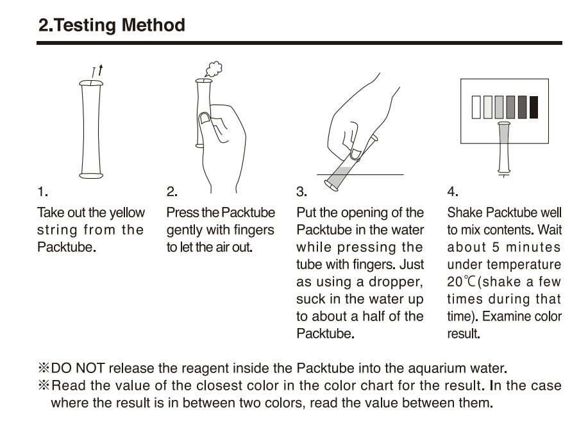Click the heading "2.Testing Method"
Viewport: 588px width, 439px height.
112,26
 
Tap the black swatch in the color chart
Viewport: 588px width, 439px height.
533,107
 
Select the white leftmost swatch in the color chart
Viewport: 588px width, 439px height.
476,107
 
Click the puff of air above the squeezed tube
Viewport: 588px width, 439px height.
214,69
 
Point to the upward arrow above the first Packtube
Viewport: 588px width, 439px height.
101,70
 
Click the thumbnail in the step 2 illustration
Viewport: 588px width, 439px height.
205,119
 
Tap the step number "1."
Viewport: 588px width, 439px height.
43,192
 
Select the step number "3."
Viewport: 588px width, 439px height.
301,192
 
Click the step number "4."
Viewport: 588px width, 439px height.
453,192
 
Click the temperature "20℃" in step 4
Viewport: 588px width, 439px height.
461,281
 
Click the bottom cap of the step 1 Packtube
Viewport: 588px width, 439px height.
91,175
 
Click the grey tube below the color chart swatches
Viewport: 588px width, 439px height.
504,147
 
